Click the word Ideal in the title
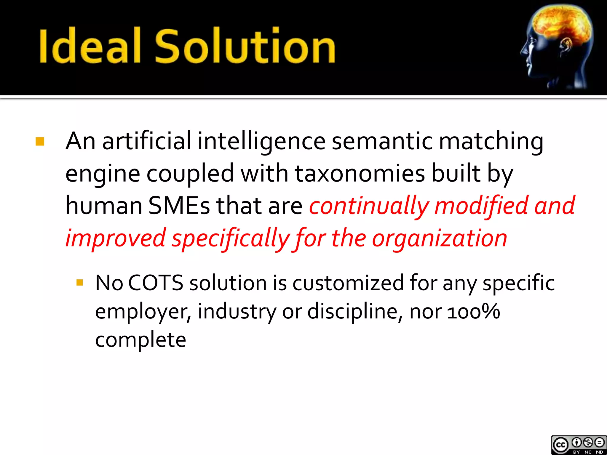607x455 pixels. click(89, 46)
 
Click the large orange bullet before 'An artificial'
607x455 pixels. click(40, 142)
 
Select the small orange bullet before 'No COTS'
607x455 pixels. click(79, 282)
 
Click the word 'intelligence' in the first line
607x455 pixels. click(262, 142)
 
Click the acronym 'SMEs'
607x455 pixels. click(179, 206)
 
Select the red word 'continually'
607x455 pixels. click(369, 206)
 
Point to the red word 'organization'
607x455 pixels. click(439, 238)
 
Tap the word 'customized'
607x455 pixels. click(348, 283)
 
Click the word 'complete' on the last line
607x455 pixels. click(140, 340)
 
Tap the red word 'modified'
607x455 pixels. click(481, 206)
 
